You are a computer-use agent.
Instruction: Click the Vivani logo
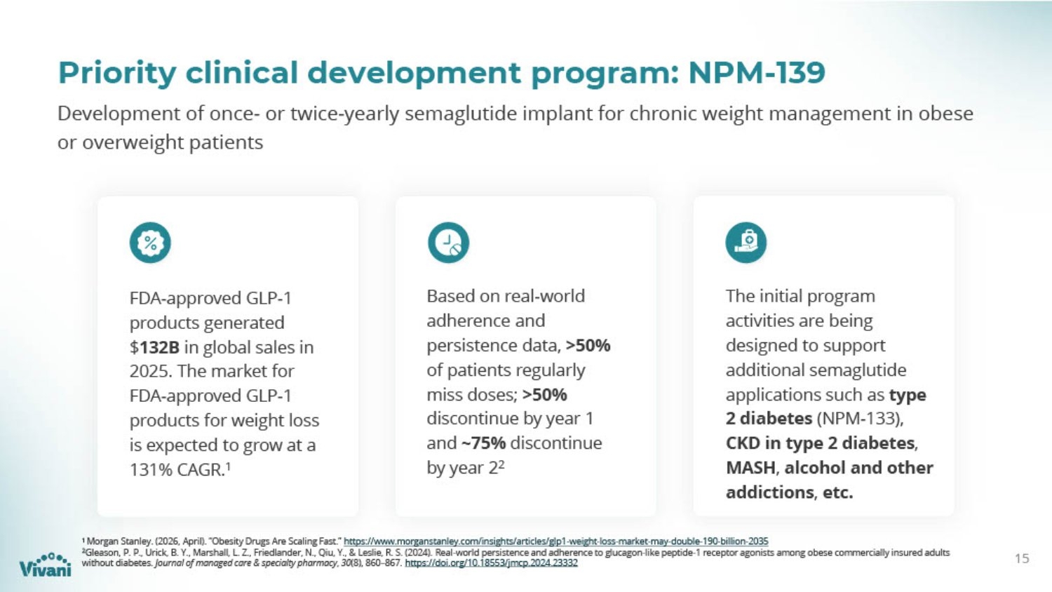click(x=45, y=564)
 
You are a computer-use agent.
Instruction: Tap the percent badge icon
click(x=150, y=243)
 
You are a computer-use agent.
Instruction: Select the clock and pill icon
click(x=448, y=243)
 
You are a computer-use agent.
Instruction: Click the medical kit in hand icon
click(x=746, y=243)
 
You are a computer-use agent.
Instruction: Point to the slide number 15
click(x=1022, y=558)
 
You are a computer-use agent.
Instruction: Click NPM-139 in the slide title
click(x=757, y=73)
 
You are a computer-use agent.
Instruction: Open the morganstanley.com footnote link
click(x=556, y=541)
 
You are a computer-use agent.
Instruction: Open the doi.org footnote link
click(x=491, y=563)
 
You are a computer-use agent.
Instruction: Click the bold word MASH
click(x=750, y=468)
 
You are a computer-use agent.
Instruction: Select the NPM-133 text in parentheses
click(x=858, y=419)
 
